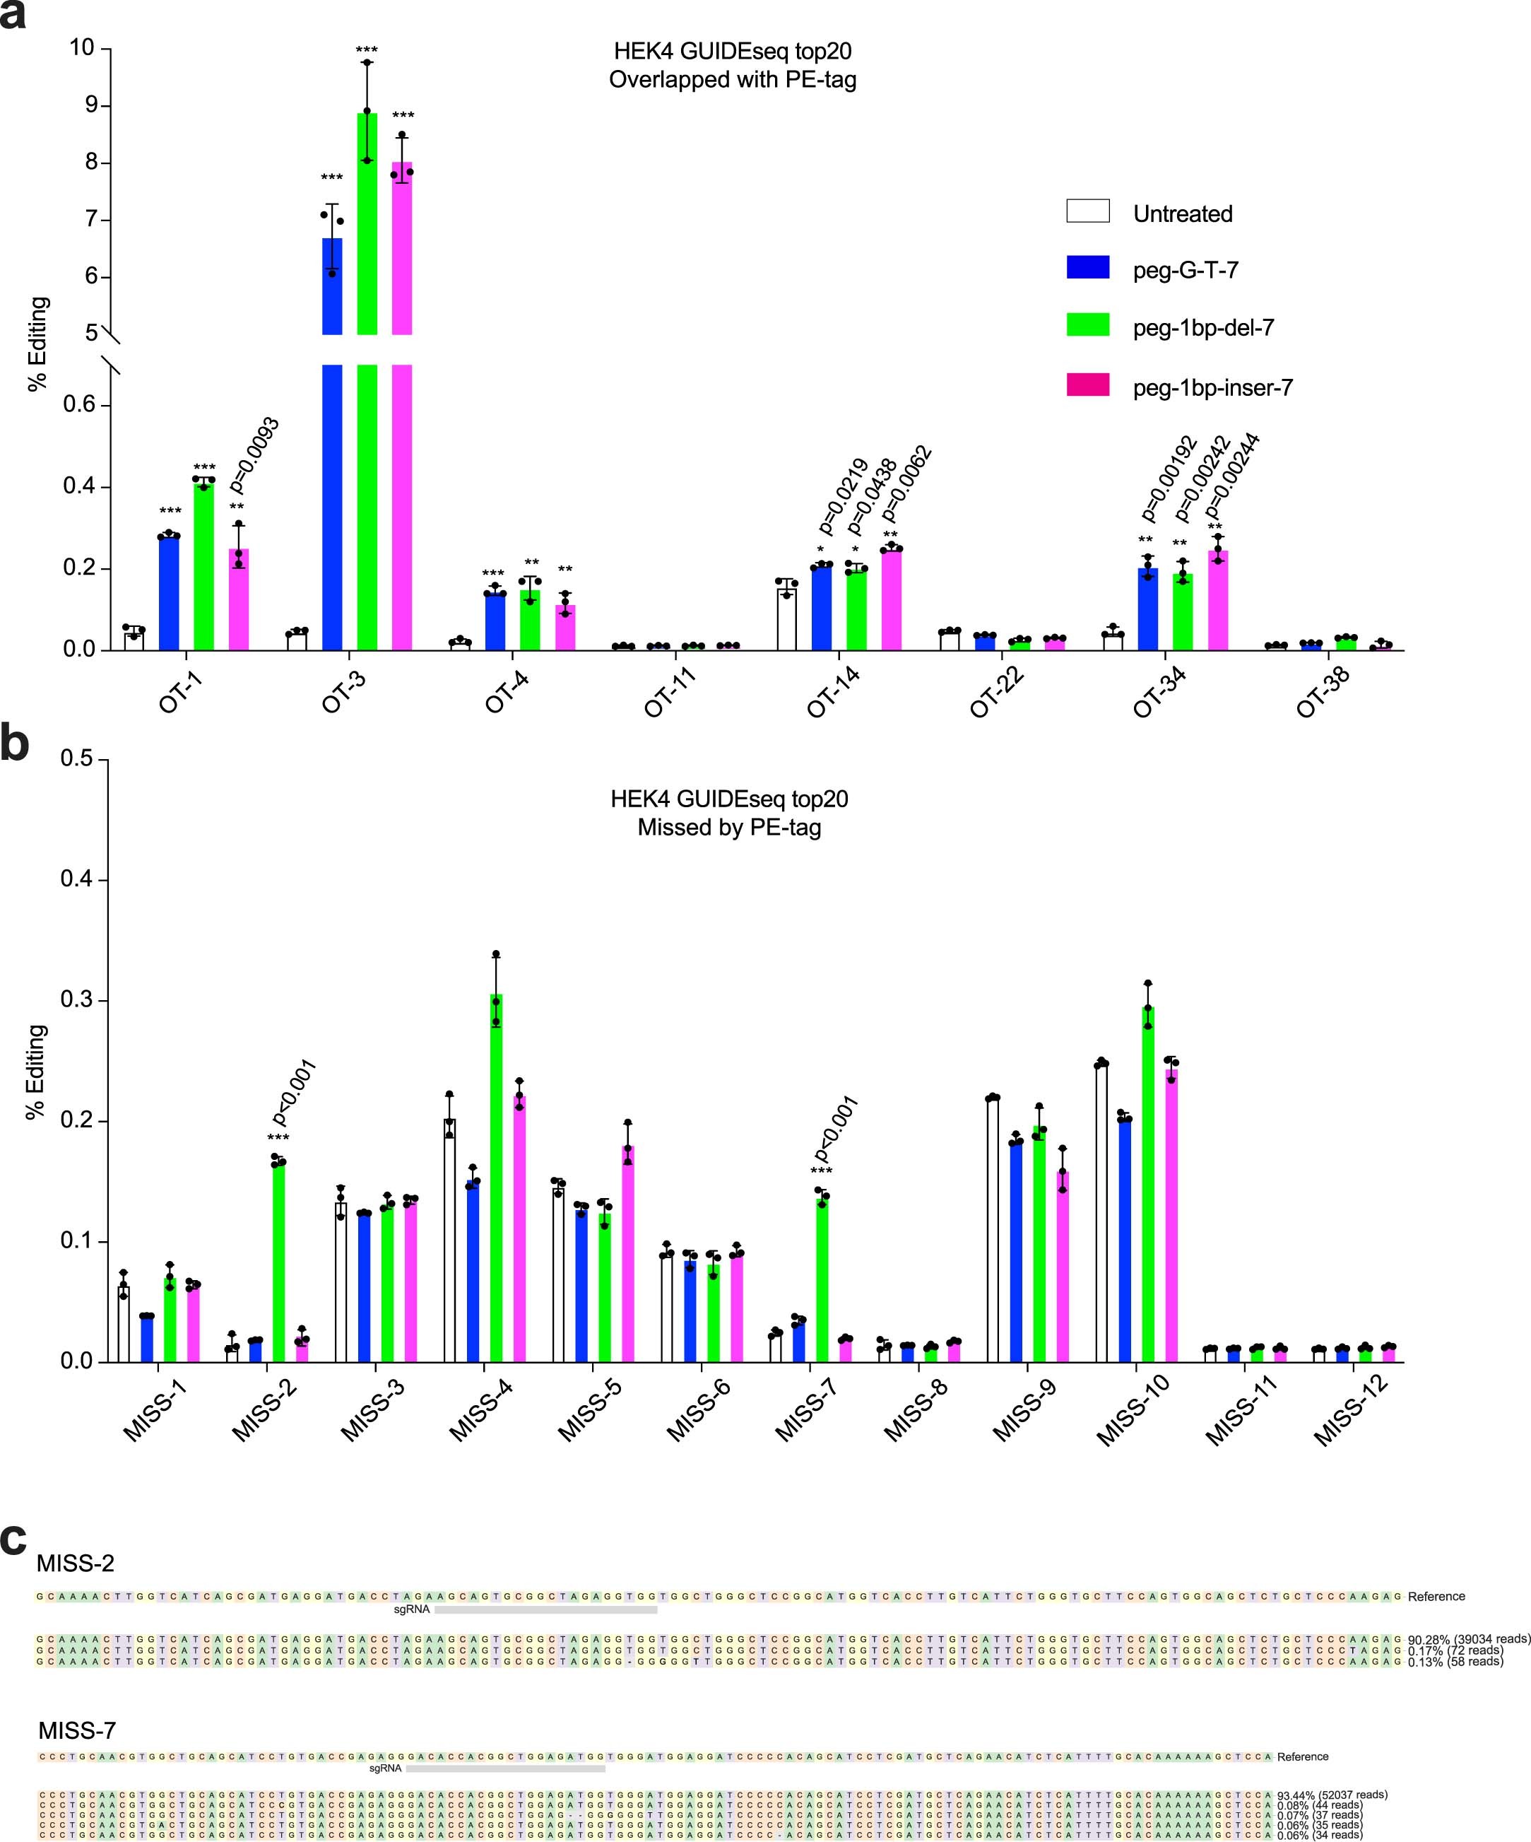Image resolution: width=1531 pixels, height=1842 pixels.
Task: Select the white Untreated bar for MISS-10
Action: click(x=1101, y=1212)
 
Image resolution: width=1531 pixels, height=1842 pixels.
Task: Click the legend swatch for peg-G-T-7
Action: click(x=1087, y=267)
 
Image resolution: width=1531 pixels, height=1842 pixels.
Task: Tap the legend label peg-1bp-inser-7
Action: click(x=1212, y=389)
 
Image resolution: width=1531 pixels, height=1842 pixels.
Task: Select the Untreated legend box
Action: click(x=1087, y=211)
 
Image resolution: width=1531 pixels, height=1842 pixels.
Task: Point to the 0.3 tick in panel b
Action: click(x=76, y=1001)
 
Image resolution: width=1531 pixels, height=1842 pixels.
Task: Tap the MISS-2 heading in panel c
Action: click(x=76, y=1563)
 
